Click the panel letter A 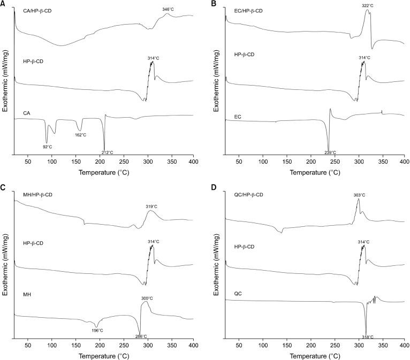[3, 4]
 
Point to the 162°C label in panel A [80, 135]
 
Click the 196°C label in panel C [97, 330]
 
